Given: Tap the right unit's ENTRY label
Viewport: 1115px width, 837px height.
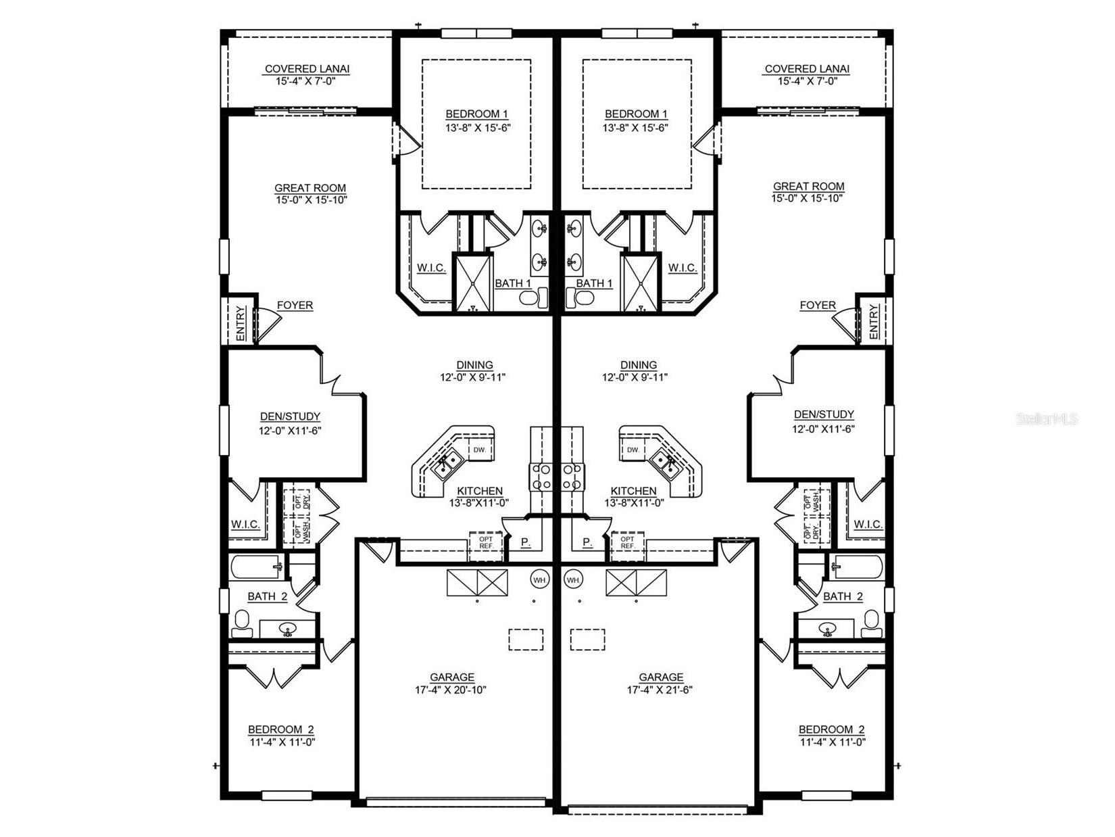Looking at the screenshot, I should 873,322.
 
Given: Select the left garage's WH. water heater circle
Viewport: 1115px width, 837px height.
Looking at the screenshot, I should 539,579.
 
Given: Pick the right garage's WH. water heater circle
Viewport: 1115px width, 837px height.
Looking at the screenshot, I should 573,579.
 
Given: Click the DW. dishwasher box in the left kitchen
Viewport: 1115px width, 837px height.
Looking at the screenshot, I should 480,450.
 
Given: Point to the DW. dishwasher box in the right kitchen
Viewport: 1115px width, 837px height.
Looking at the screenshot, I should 633,450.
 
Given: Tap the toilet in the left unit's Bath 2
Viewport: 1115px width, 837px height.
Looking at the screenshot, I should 242,623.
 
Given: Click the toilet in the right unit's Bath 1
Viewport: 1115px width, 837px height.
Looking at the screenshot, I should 580,297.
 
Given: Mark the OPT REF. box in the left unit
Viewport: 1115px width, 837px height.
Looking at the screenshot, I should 487,543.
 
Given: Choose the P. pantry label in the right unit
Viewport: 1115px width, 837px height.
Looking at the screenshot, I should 587,542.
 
